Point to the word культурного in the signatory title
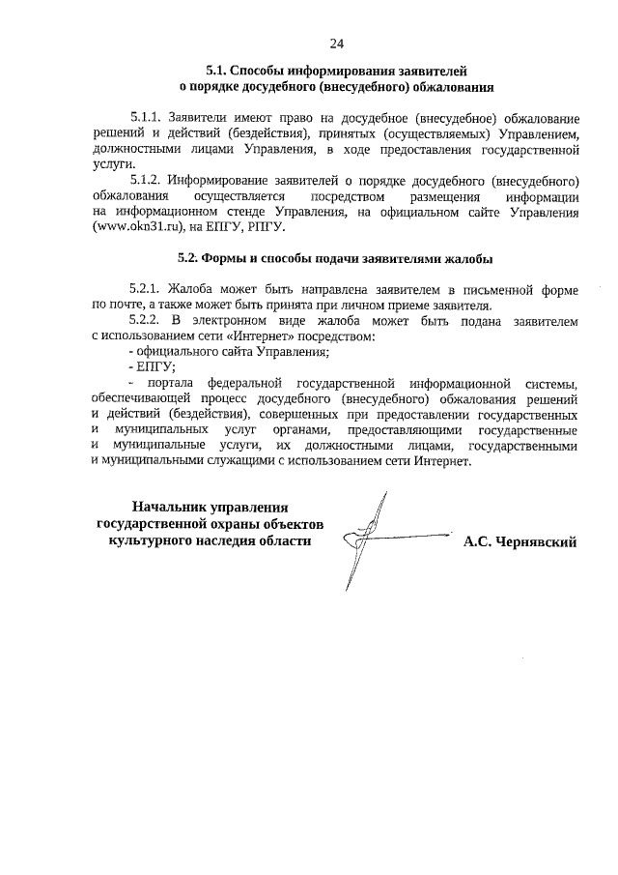click(153, 540)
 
